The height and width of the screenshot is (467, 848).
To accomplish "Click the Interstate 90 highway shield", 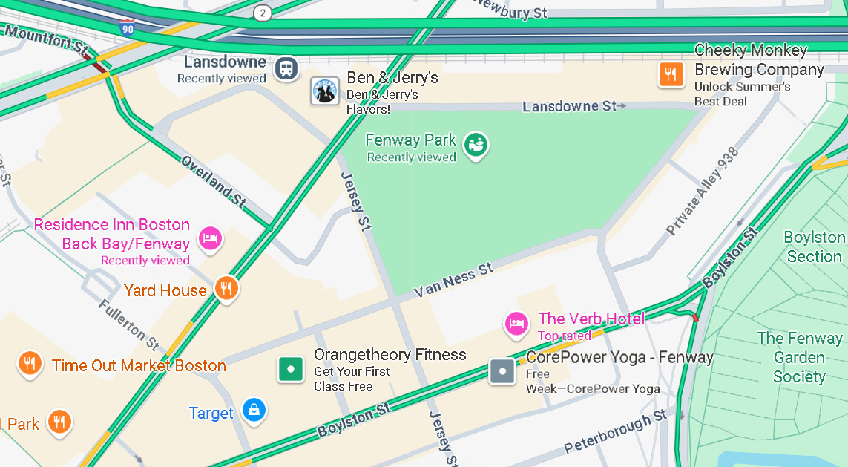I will pyautogui.click(x=127, y=28).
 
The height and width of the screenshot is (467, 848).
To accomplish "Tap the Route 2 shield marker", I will pyautogui.click(x=262, y=13).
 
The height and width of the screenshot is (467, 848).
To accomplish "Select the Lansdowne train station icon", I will pyautogui.click(x=286, y=69).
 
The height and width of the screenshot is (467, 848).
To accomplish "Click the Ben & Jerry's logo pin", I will pyautogui.click(x=324, y=91).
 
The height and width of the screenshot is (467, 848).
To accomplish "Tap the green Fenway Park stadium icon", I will pyautogui.click(x=475, y=145).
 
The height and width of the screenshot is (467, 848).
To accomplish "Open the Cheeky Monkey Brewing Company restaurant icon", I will pyautogui.click(x=671, y=74).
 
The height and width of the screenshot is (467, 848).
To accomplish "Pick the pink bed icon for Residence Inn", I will pyautogui.click(x=210, y=239).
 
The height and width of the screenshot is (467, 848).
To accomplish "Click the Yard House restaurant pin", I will pyautogui.click(x=226, y=289).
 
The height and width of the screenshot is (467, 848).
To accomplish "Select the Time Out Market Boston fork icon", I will pyautogui.click(x=29, y=364).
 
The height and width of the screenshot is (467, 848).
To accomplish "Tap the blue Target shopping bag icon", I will pyautogui.click(x=254, y=409).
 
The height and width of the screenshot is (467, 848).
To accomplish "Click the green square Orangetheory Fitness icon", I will pyautogui.click(x=291, y=369).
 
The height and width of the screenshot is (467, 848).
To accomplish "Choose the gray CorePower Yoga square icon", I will pyautogui.click(x=502, y=371).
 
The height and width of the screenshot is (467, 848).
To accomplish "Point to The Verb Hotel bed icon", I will pyautogui.click(x=516, y=323).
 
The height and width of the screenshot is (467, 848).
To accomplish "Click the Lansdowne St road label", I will pyautogui.click(x=569, y=107).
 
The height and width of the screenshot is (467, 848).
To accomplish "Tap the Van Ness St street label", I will pyautogui.click(x=453, y=280).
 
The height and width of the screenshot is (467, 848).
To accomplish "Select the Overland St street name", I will pyautogui.click(x=213, y=181).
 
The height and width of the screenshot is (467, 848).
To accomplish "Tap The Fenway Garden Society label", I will pyautogui.click(x=799, y=357).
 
